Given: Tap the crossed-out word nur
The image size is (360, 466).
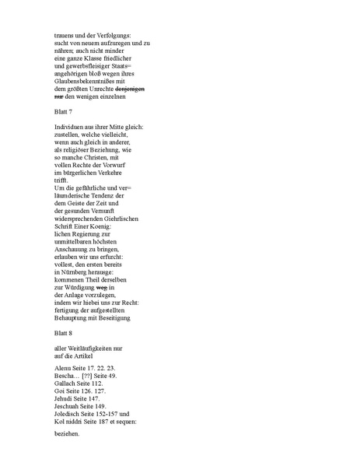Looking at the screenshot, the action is (x=59, y=97).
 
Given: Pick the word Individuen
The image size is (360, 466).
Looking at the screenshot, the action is (x=70, y=127).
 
